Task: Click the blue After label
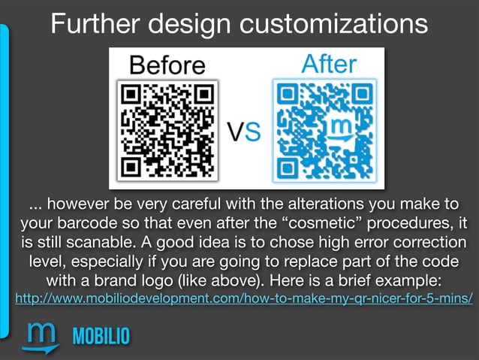click(x=328, y=65)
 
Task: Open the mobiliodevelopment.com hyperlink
click(x=239, y=300)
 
